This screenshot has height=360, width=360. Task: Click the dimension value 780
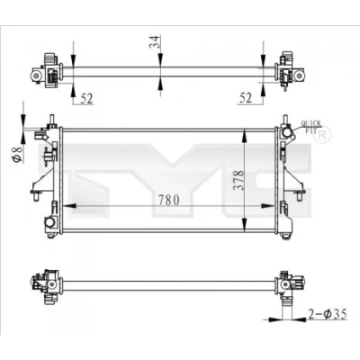169,200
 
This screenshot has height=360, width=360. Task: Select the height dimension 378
239,180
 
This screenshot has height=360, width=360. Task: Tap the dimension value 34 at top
155,42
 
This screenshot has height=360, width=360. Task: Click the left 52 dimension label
86,98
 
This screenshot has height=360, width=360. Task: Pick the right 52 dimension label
246,98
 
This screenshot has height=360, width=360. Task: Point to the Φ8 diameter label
17,155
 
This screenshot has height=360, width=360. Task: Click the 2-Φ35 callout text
328,314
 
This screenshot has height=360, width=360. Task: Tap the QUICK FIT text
310,127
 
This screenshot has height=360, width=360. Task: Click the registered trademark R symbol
322,134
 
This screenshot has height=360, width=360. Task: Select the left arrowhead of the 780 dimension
68,206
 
